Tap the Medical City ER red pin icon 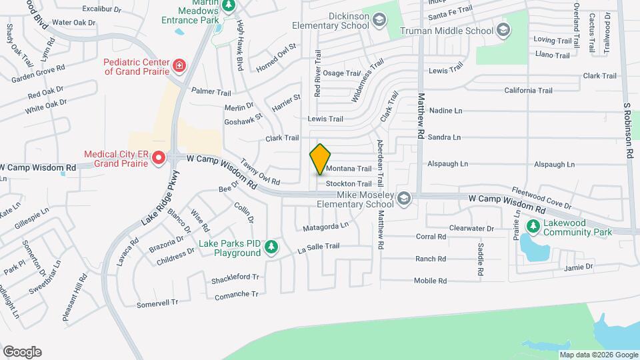(x=159, y=158)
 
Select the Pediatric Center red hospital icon (x=179, y=65)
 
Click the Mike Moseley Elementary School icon (x=403, y=199)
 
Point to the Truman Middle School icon (x=503, y=30)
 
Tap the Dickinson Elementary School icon (x=379, y=21)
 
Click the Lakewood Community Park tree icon (x=533, y=227)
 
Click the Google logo (x=22, y=352)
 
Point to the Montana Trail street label (x=348, y=169)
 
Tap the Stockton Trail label (x=348, y=183)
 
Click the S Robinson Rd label (x=627, y=129)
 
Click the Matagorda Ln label (x=325, y=225)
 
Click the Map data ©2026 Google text (x=597, y=355)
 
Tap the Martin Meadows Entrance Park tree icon (x=229, y=5)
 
